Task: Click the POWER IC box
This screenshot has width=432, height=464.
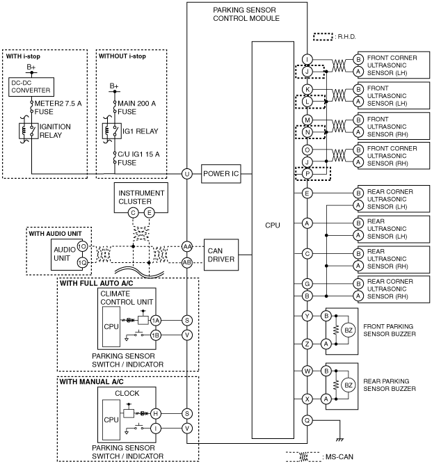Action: pyautogui.click(x=221, y=174)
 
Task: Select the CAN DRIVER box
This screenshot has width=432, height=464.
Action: pyautogui.click(x=221, y=255)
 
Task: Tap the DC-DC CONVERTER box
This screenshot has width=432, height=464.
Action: pyautogui.click(x=31, y=87)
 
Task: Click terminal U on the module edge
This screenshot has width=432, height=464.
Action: pyautogui.click(x=187, y=174)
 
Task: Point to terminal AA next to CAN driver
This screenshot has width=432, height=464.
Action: pyautogui.click(x=187, y=246)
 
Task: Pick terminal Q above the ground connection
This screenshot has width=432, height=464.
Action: pyautogui.click(x=307, y=420)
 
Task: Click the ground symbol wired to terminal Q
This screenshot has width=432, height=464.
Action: pyautogui.click(x=340, y=440)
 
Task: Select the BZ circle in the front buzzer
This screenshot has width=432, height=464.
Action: pyautogui.click(x=349, y=330)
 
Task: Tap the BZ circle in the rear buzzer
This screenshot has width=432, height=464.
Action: pyautogui.click(x=349, y=385)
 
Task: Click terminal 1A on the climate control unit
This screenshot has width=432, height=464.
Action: pyautogui.click(x=156, y=320)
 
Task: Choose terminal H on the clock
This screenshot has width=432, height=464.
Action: pyautogui.click(x=156, y=413)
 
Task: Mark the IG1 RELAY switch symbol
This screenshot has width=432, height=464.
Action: pyautogui.click(x=112, y=131)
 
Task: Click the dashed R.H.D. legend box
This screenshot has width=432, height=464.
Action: pyautogui.click(x=323, y=37)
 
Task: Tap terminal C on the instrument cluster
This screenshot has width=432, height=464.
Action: pyautogui.click(x=134, y=212)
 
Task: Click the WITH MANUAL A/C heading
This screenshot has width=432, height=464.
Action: pyautogui.click(x=91, y=382)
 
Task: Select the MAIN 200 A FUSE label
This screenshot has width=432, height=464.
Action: pyautogui.click(x=136, y=107)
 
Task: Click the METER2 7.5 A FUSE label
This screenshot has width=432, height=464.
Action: pyautogui.click(x=58, y=107)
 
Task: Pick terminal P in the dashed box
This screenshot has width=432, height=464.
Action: pyautogui.click(x=307, y=174)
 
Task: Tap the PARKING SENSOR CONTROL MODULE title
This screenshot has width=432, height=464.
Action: pyautogui.click(x=246, y=14)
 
